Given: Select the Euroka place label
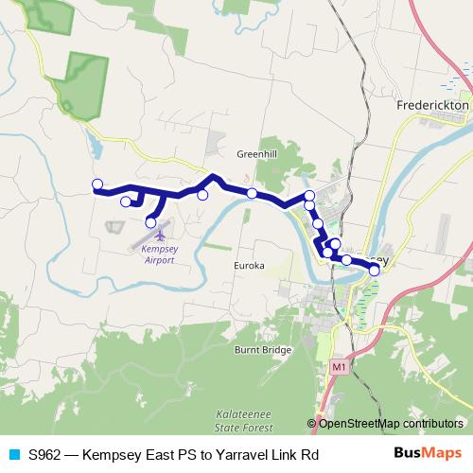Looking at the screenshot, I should tap(249, 266).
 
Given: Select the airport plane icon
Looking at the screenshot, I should tap(160, 233).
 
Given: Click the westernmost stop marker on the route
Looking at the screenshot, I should tap(96, 184).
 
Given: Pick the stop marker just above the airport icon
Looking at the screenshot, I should tap(150, 222).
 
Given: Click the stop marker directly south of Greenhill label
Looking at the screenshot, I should tap(252, 193).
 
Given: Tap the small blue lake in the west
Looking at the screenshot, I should tap(96, 146).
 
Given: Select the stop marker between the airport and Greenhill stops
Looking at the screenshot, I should tap(202, 195).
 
